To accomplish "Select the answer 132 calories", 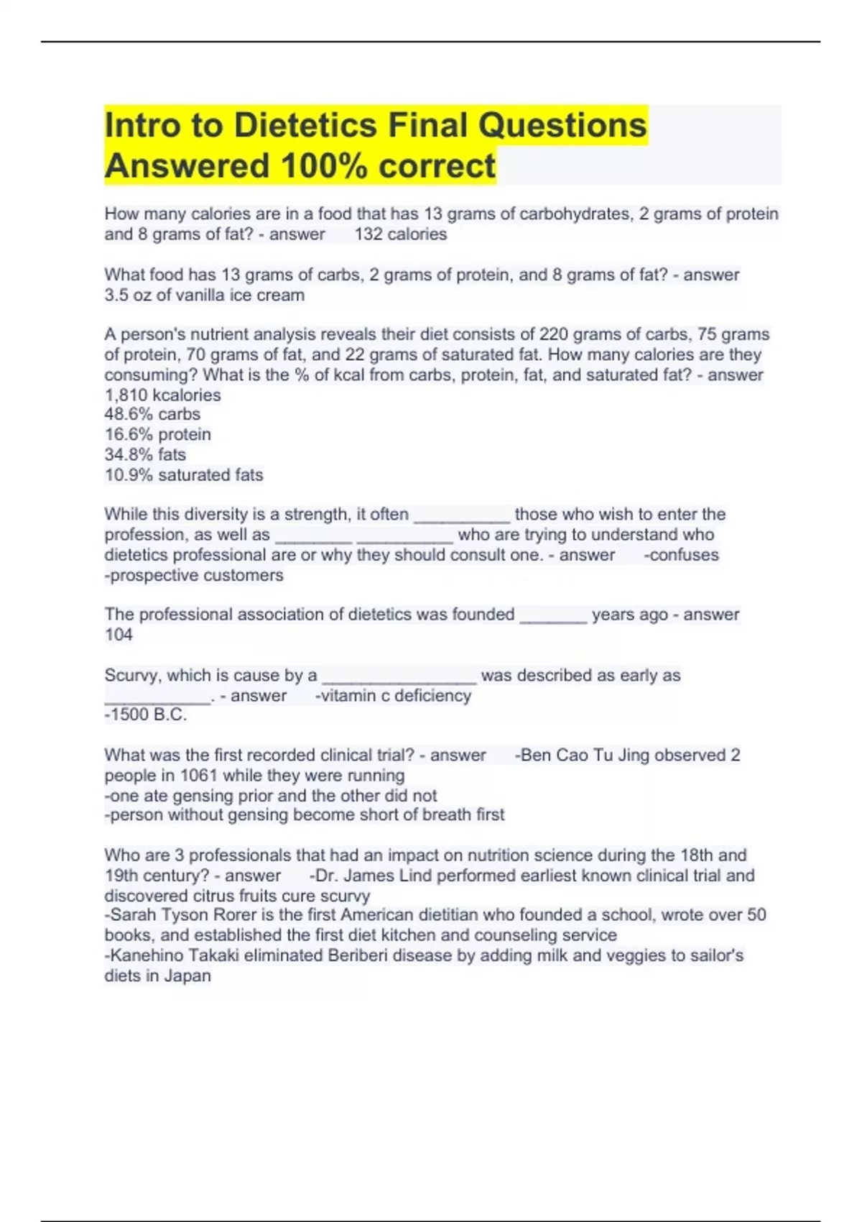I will [x=400, y=234].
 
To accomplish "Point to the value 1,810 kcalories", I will [x=162, y=395].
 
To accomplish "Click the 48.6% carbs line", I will [x=152, y=414].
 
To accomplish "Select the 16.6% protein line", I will [x=157, y=434].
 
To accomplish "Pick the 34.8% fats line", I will [x=145, y=454].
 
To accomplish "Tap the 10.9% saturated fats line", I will [x=184, y=474].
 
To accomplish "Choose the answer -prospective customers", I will [x=194, y=575].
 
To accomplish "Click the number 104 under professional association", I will [x=119, y=634].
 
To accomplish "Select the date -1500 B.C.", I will [x=146, y=715].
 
